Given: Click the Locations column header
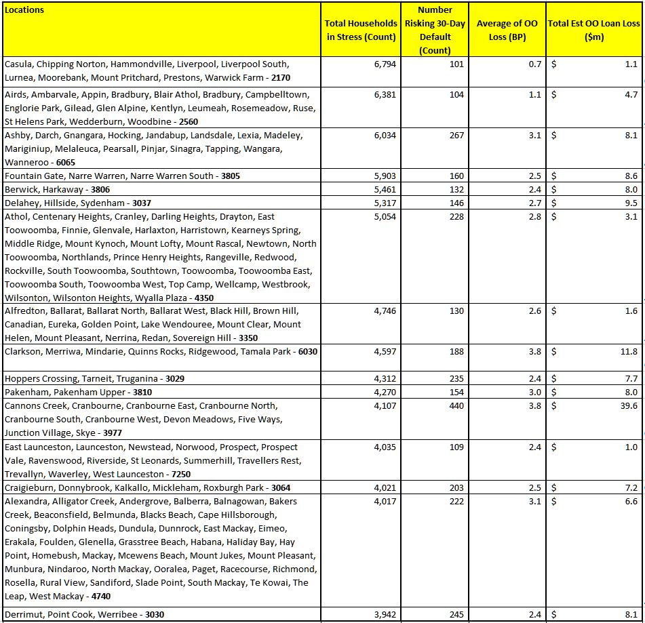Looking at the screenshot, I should [x=24, y=10].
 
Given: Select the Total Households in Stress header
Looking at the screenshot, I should [x=361, y=30].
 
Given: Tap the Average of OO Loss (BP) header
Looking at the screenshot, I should [x=507, y=30].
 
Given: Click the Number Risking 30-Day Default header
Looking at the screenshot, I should [x=435, y=30].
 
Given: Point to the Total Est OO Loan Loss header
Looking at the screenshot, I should [x=593, y=30].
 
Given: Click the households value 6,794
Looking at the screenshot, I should [x=385, y=64].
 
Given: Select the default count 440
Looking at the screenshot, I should [x=456, y=406].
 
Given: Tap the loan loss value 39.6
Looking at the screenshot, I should [x=629, y=406].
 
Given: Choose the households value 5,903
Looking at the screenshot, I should [x=385, y=176].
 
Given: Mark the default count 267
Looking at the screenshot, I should [x=456, y=136].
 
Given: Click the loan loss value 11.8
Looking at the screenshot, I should [x=629, y=352].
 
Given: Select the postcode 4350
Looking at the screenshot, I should [x=204, y=298].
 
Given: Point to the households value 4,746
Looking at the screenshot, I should [x=385, y=311].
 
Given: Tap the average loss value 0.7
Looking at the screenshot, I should [x=536, y=64].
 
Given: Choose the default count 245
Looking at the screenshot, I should [x=456, y=615].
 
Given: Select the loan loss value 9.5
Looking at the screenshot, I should [x=631, y=203].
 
